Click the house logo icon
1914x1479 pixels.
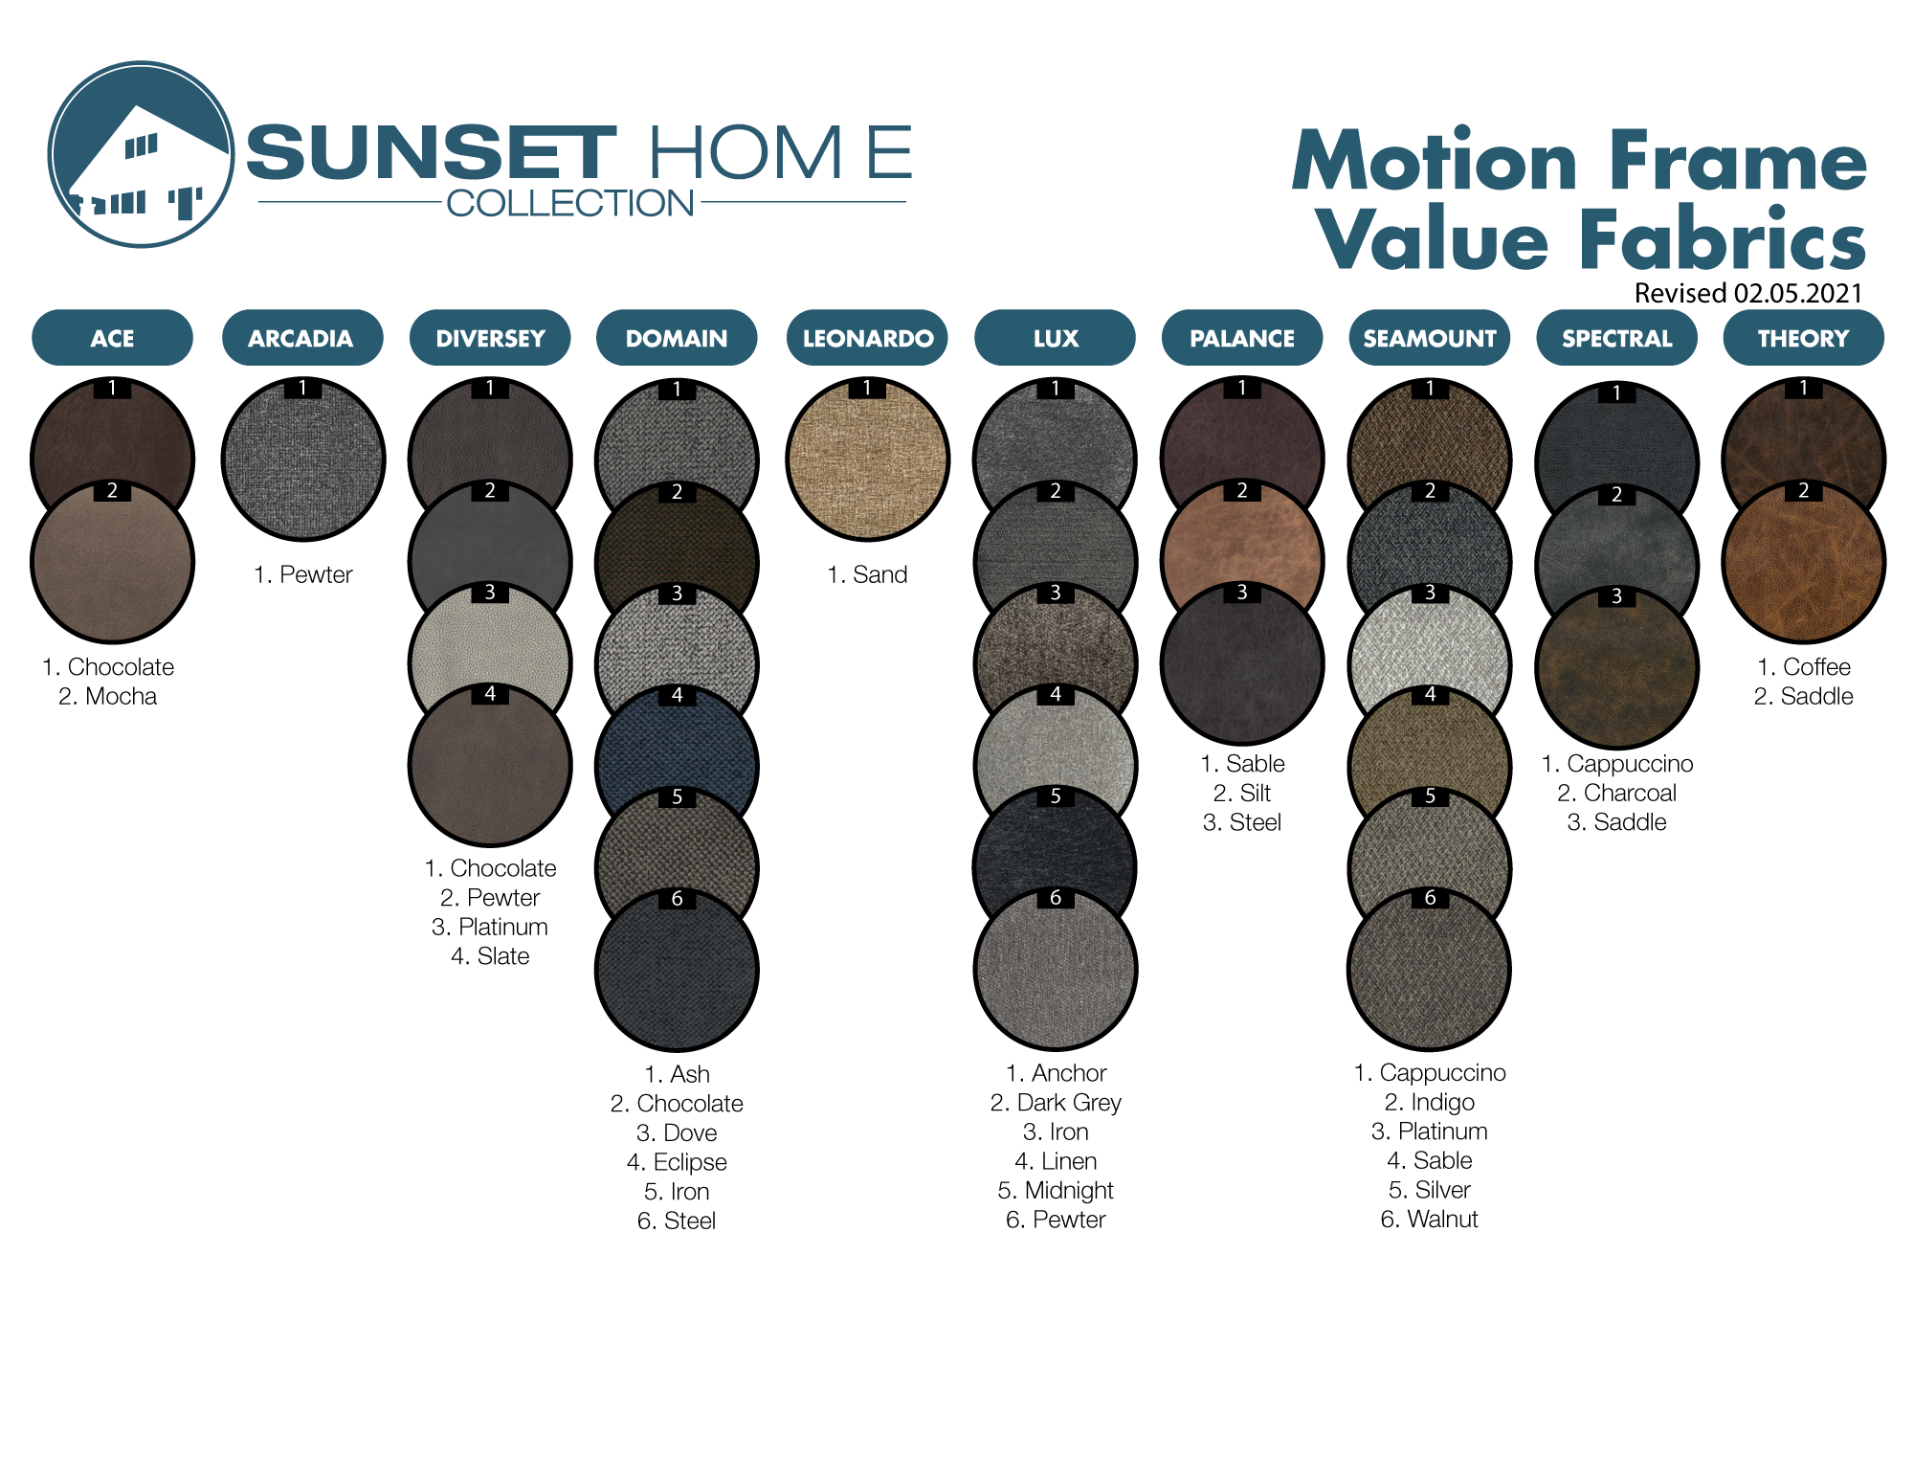tap(141, 155)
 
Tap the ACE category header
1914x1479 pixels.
tap(112, 338)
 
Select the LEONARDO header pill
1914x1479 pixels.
tap(867, 338)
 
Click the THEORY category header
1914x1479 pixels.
tap(1803, 338)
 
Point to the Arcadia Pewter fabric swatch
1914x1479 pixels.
tap(302, 459)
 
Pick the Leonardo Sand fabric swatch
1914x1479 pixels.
tap(867, 459)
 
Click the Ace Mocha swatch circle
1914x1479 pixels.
tap(112, 561)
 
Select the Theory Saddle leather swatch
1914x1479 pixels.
tap(1803, 561)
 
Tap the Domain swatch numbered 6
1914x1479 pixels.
tap(677, 969)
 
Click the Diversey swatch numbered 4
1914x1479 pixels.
tap(490, 765)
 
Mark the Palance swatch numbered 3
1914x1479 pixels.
tap(1242, 662)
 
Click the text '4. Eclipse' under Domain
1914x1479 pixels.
tap(677, 1162)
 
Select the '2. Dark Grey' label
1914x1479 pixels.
tap(1056, 1103)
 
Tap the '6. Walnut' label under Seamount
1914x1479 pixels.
tap(1429, 1220)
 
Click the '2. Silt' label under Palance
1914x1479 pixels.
tap(1242, 793)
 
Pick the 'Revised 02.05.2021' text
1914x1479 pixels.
tap(1748, 293)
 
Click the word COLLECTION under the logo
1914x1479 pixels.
tap(570, 203)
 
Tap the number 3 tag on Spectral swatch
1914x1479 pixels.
tap(1616, 596)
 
